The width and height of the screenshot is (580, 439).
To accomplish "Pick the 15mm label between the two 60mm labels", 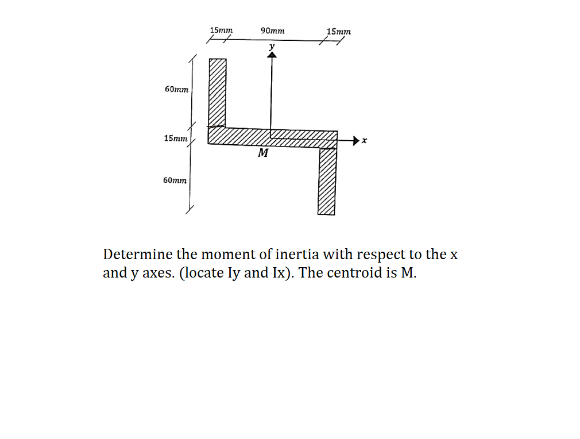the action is point(176,138).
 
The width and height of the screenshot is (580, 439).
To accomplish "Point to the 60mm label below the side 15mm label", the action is point(175,180).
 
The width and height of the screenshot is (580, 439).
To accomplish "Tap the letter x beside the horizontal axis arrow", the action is point(364,140).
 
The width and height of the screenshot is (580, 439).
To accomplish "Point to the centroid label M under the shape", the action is point(263,154).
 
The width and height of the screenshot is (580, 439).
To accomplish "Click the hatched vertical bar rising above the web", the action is point(217,92).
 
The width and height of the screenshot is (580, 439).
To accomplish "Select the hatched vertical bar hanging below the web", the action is point(327,180).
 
